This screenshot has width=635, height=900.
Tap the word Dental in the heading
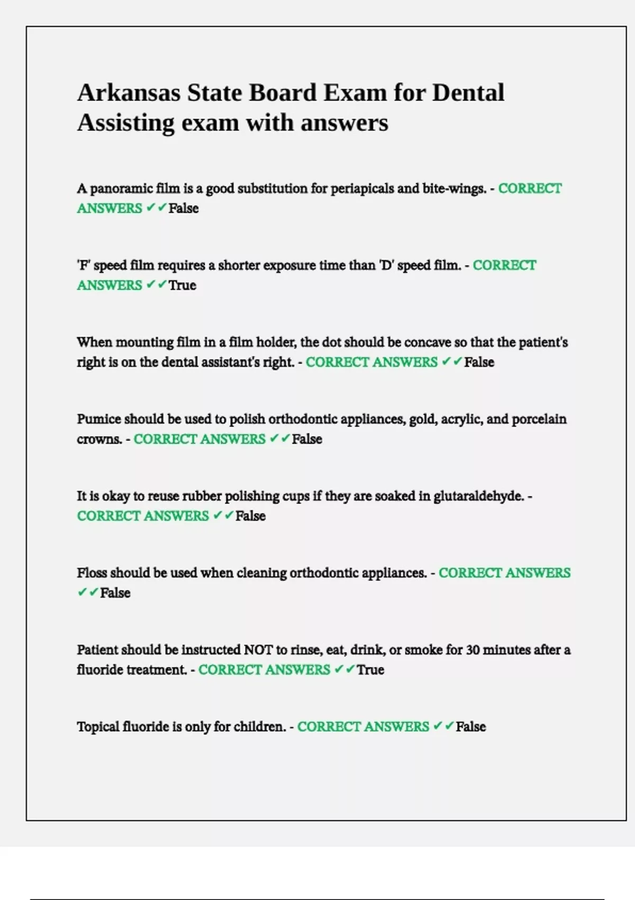(468, 93)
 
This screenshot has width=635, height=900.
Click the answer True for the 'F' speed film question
(183, 285)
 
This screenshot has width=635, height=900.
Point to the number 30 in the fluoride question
(473, 650)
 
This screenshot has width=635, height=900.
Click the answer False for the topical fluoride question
(470, 727)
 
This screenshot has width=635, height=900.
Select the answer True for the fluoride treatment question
(370, 670)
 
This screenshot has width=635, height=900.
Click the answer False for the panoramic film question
(184, 209)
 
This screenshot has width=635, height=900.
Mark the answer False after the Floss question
(115, 593)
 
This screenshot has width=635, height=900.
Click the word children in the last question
(259, 727)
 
